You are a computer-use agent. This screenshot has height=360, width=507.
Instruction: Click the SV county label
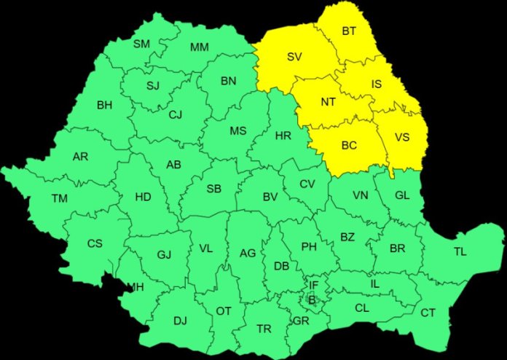(294, 56)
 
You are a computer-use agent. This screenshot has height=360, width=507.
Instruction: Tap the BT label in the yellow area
(349, 31)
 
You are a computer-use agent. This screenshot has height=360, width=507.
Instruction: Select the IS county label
(376, 85)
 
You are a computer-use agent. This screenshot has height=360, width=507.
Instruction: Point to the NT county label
(329, 102)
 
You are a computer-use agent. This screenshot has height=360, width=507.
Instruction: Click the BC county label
(349, 145)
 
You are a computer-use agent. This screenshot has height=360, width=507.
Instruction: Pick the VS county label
(402, 137)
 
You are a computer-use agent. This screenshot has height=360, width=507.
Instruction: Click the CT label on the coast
(428, 313)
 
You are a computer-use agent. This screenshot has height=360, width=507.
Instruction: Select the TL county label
(460, 251)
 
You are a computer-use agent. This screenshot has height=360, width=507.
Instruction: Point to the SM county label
(141, 44)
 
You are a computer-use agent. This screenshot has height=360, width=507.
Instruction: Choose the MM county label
(199, 47)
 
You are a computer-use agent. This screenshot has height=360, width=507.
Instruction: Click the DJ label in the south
(180, 319)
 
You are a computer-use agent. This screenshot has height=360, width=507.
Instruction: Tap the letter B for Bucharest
(312, 299)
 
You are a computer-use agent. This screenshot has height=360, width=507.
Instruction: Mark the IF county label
(314, 285)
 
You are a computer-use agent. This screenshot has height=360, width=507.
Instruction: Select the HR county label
(283, 136)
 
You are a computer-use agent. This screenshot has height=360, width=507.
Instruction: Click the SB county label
(213, 189)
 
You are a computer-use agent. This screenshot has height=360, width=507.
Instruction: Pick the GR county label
(300, 320)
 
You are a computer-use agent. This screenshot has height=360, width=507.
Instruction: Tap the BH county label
(104, 104)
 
